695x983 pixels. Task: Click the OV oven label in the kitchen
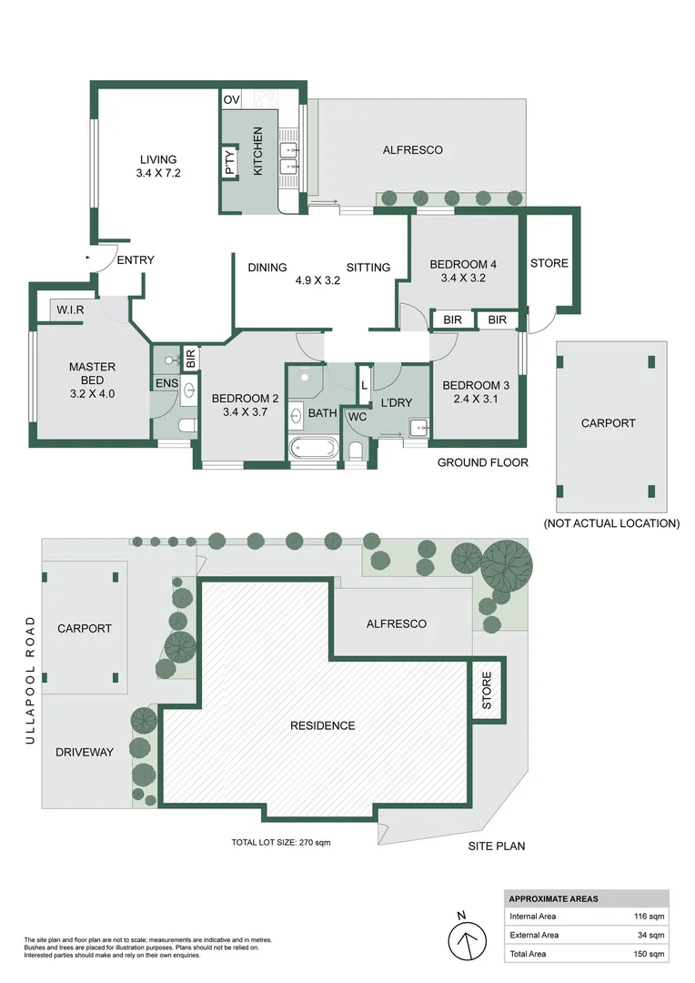(x=231, y=99)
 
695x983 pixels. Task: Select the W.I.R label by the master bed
(x=70, y=309)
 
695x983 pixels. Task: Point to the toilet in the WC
(x=356, y=451)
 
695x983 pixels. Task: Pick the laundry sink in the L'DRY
(x=418, y=426)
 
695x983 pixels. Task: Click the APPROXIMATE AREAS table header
(x=554, y=898)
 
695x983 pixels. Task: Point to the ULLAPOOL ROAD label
(x=30, y=680)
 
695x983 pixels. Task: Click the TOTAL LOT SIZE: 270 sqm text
(x=280, y=843)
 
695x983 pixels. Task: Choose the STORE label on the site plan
(x=487, y=691)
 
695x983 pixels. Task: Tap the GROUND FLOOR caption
(x=483, y=462)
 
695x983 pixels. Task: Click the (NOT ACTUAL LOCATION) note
(x=611, y=523)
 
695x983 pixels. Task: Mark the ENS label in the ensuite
(x=166, y=385)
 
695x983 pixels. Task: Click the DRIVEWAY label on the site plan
(x=85, y=752)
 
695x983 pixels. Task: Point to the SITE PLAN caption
(x=497, y=846)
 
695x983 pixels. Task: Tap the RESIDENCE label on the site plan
(x=322, y=725)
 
